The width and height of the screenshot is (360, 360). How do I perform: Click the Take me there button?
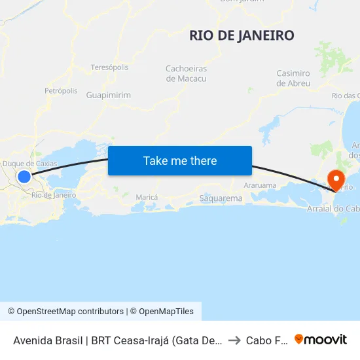pos(180,161)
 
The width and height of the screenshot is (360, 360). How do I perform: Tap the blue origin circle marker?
pos(24,176)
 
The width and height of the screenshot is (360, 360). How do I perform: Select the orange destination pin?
pos(336,179)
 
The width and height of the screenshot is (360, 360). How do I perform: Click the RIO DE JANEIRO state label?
pos(242,35)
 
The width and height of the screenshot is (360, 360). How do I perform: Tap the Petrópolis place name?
pos(61,90)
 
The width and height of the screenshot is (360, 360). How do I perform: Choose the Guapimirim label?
pos(108,95)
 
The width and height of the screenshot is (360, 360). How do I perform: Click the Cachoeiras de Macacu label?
pos(187,73)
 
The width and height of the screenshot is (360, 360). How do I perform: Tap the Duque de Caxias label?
pos(30,164)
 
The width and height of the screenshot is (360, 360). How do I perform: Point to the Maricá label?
pos(147,197)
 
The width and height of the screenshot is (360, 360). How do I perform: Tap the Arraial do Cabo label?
pos(333,209)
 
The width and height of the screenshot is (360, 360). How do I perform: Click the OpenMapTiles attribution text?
pos(162,312)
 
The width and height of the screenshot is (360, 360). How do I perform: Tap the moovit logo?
pos(321,339)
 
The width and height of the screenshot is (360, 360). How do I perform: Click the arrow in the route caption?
pos(234,340)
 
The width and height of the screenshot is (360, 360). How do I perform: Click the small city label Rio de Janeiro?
pos(54,195)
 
